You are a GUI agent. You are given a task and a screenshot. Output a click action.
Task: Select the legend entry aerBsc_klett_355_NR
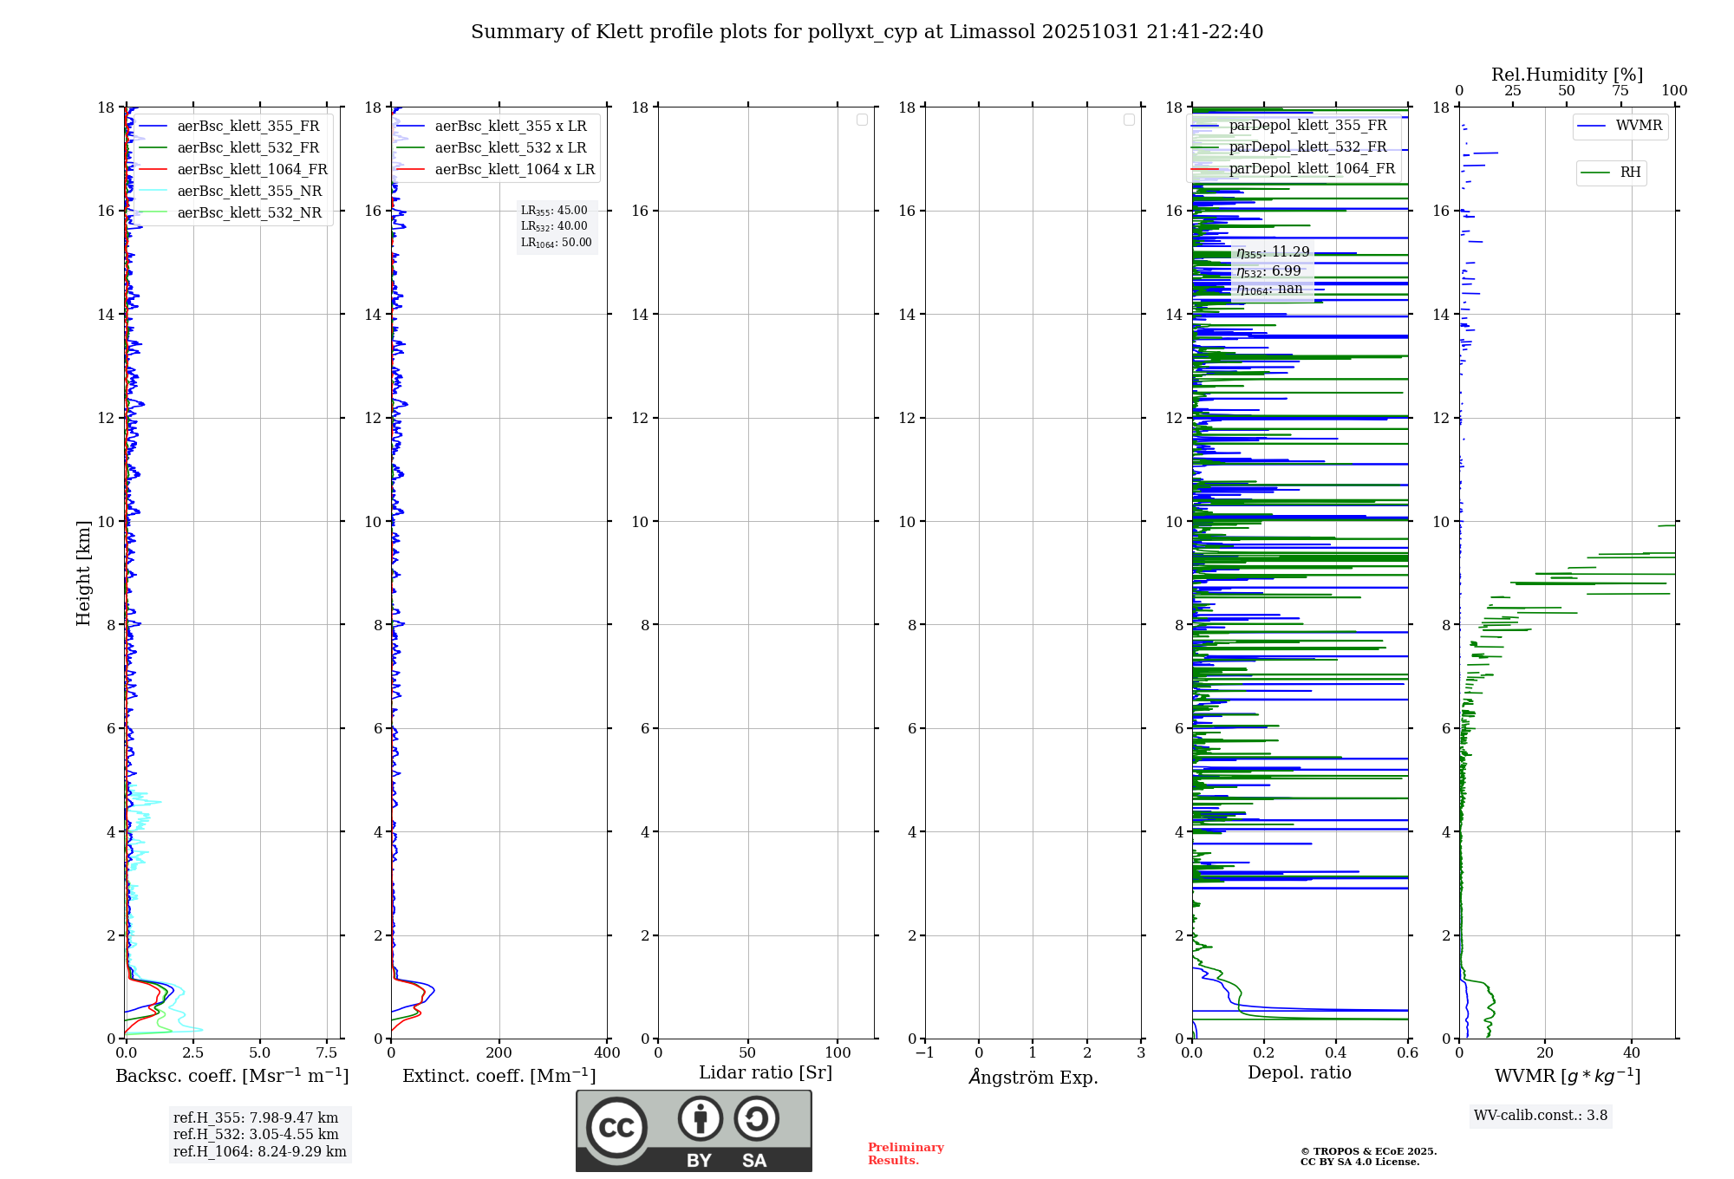coord(250,191)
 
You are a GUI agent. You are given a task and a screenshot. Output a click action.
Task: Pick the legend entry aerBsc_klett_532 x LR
coord(511,147)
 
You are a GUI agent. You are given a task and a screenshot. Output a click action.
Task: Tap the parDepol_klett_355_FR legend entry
coord(1307,125)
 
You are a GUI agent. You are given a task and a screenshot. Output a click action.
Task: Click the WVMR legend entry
coord(1639,126)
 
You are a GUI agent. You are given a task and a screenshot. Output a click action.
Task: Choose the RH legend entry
coord(1630,172)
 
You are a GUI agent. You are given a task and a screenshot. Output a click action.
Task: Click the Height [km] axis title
coord(83,573)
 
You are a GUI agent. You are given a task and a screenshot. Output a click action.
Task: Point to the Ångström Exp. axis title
coord(1033,1077)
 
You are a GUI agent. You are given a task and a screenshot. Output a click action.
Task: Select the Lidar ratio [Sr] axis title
coord(766,1072)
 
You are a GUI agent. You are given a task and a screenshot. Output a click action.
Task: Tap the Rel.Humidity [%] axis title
coord(1567,75)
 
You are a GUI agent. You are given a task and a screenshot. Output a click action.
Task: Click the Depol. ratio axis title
coord(1299,1072)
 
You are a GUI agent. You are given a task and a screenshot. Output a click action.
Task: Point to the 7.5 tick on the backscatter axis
coord(327,1052)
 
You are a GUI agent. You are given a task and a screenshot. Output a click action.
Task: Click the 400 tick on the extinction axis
coord(607,1052)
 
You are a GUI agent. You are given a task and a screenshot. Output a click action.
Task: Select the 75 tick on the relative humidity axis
coord(1620,90)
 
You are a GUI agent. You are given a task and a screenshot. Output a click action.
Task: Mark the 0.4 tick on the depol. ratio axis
coord(1336,1052)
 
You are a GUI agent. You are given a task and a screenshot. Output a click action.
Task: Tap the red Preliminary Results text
coord(905,1153)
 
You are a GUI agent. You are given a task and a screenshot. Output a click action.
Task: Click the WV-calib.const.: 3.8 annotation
coord(1541,1115)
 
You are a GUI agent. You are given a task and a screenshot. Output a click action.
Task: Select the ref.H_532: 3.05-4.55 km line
coord(256,1134)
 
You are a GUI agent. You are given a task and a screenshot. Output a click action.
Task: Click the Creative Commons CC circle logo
coord(616,1127)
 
